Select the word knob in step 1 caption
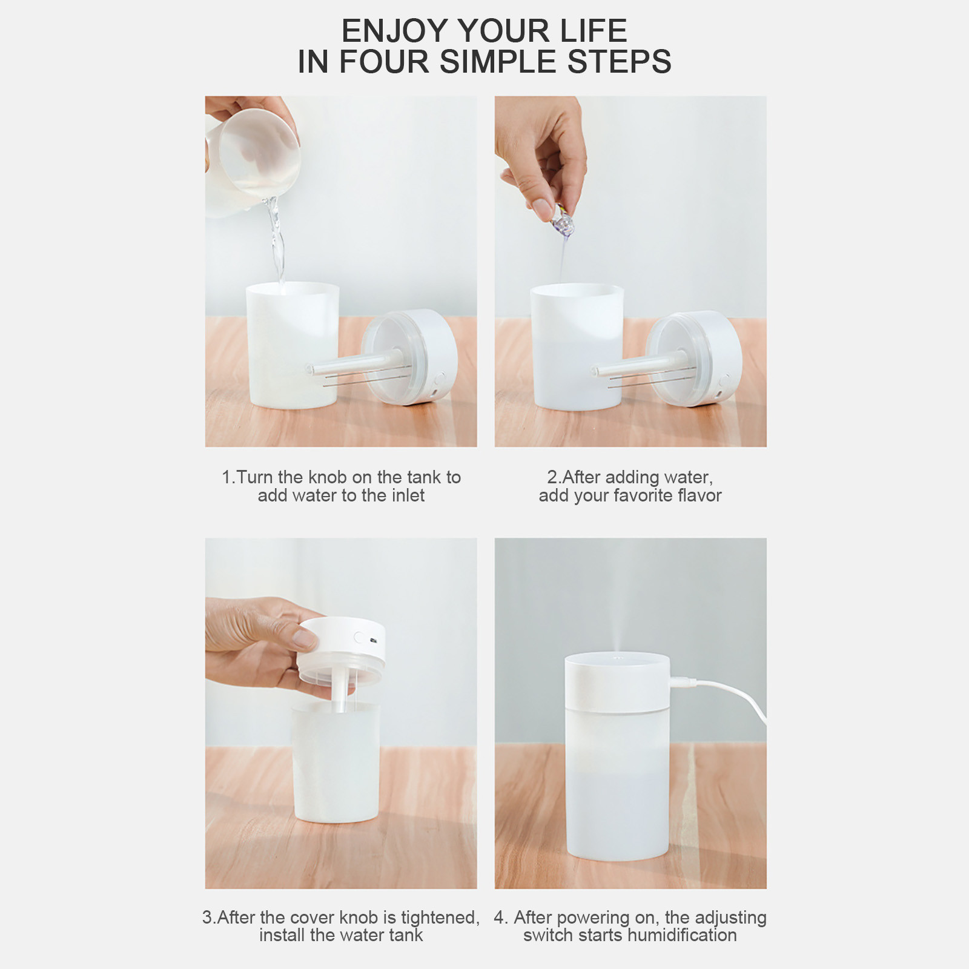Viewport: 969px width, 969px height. tap(328, 477)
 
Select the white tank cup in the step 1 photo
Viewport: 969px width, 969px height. tap(293, 345)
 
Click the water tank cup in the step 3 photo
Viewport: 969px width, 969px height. tap(336, 763)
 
